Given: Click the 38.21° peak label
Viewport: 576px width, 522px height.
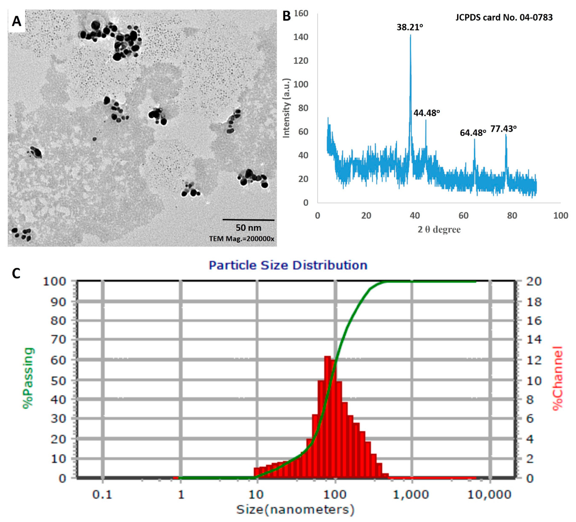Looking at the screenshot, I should pyautogui.click(x=409, y=27).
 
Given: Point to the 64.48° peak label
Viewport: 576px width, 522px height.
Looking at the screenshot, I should pyautogui.click(x=473, y=133).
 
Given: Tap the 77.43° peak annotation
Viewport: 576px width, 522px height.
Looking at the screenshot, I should pyautogui.click(x=503, y=129).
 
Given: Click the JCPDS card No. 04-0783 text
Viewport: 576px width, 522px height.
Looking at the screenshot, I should pyautogui.click(x=504, y=17).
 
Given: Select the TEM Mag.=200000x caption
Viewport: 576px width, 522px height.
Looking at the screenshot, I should pyautogui.click(x=241, y=239).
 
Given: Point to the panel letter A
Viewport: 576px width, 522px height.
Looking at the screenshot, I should pyautogui.click(x=17, y=21).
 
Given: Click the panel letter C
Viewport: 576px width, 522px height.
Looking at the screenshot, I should pyautogui.click(x=16, y=274).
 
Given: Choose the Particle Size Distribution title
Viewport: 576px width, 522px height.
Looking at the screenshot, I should pyautogui.click(x=288, y=265).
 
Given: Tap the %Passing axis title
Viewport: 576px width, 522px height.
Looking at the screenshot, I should pyautogui.click(x=29, y=378).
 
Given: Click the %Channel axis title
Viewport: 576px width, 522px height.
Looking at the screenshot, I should pyautogui.click(x=557, y=378).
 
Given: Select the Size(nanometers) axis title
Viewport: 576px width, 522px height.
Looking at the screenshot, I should pyautogui.click(x=295, y=509).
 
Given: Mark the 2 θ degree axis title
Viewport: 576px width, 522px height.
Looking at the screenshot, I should pyautogui.click(x=439, y=230).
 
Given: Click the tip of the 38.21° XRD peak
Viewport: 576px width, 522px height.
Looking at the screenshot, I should pyautogui.click(x=410, y=35).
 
